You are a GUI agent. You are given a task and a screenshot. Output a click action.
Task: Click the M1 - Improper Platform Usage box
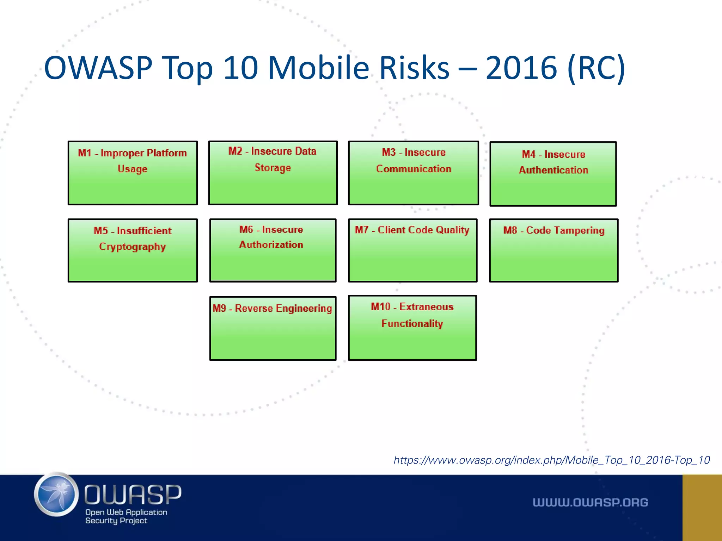(x=133, y=173)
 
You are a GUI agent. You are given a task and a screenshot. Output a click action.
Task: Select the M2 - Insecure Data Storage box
(x=273, y=173)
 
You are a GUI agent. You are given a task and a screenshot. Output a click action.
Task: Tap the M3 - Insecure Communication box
(x=414, y=173)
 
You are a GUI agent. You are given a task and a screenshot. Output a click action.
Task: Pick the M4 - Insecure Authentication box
(x=553, y=174)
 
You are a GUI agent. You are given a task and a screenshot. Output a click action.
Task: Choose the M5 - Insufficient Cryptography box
(x=133, y=250)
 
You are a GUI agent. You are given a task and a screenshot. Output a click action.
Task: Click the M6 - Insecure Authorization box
(x=273, y=250)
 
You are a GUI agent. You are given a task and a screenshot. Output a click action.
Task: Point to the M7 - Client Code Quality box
(x=413, y=250)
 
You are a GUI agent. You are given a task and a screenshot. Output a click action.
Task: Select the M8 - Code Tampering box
(x=554, y=250)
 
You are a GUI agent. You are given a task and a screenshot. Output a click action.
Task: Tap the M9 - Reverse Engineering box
(x=273, y=328)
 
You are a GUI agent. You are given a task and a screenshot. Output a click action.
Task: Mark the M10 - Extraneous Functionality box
(x=412, y=328)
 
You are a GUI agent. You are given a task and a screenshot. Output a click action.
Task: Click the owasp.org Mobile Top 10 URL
(x=552, y=460)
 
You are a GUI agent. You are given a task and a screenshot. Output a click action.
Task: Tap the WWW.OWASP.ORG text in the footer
(x=591, y=503)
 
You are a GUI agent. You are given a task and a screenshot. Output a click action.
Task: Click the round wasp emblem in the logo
(x=56, y=495)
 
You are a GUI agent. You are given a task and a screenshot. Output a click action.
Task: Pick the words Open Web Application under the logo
(x=126, y=512)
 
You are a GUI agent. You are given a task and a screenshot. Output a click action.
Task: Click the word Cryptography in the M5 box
(x=132, y=247)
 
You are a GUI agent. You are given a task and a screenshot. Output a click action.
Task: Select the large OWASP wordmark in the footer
(x=133, y=495)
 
